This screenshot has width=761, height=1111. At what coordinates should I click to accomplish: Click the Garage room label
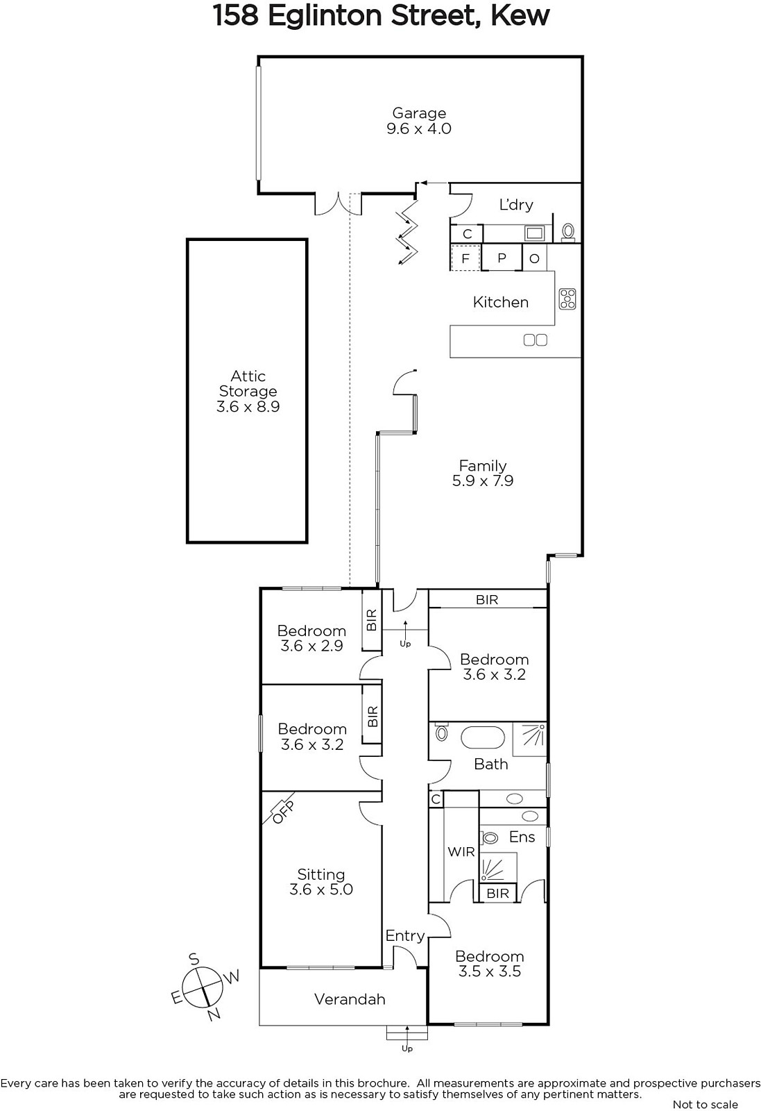point(419,113)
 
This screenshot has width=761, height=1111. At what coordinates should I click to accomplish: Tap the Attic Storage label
point(248,383)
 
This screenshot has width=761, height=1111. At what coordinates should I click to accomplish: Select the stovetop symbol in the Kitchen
point(567,299)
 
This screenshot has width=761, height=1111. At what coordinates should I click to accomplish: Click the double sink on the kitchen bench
point(536,340)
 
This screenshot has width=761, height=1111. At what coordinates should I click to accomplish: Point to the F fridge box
point(465,258)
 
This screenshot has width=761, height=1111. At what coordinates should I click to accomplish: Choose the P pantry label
point(502,258)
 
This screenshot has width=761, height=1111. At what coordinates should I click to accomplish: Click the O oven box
point(535,257)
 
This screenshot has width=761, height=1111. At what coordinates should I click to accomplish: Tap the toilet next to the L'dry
point(567,232)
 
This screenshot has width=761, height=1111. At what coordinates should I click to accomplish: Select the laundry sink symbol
point(535,233)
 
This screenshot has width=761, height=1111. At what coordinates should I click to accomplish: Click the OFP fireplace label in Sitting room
point(284,812)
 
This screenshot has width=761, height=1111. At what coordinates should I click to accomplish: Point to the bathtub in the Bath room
point(483,737)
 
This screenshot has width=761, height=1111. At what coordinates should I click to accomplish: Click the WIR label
point(461,851)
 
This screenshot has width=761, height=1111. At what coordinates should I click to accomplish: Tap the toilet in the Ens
point(489,837)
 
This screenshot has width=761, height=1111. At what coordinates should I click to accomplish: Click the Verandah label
point(350,999)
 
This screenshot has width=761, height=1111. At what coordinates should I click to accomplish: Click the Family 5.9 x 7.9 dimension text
point(483,481)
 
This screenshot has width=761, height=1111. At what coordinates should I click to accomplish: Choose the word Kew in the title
point(520,15)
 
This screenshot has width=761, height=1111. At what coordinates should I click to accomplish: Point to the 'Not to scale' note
point(706,1104)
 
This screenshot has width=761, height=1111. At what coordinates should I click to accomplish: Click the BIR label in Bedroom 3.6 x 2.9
point(372,619)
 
